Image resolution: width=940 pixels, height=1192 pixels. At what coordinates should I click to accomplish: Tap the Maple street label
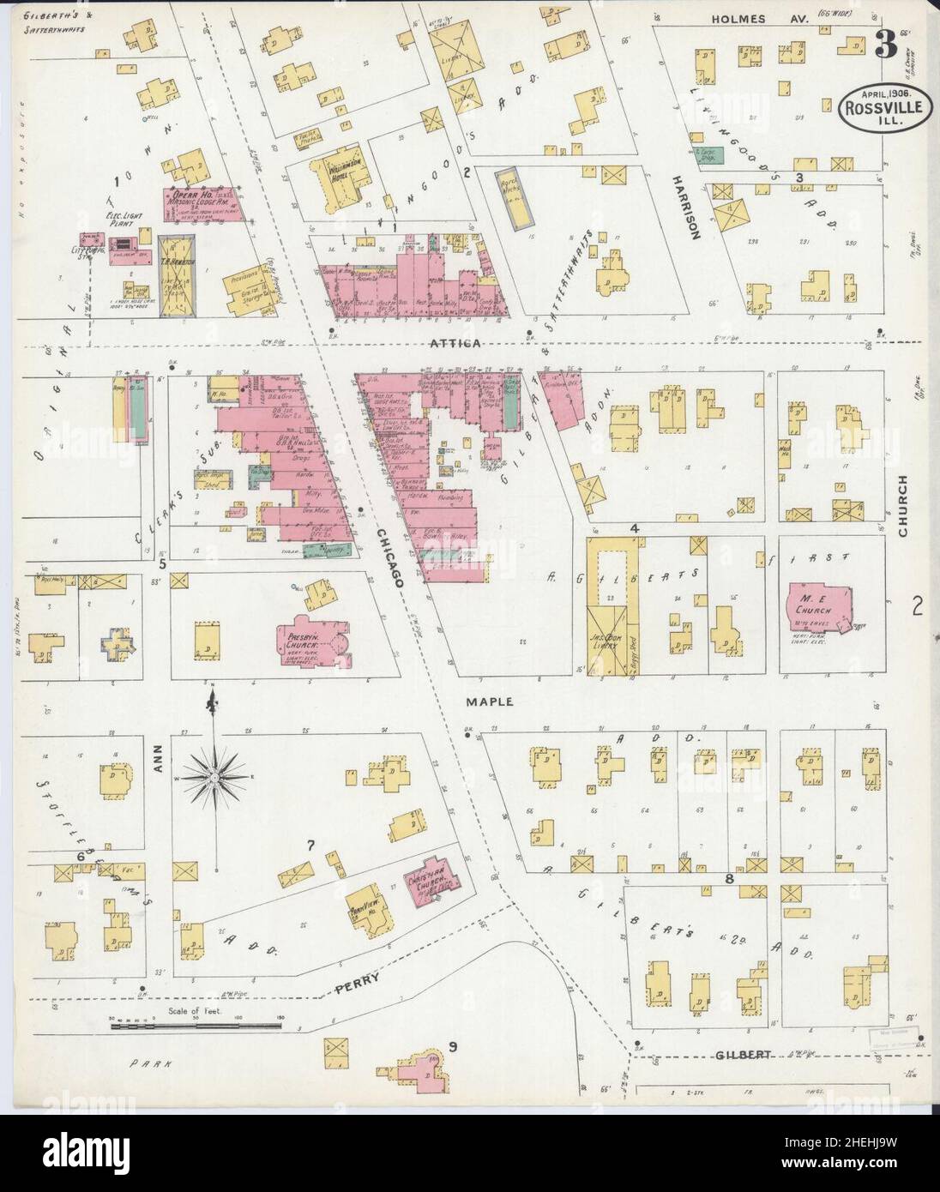coord(490,701)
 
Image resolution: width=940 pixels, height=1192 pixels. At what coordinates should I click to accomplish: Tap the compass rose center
coord(210,777)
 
